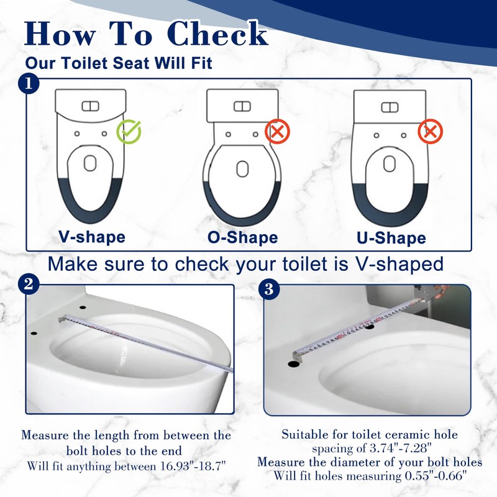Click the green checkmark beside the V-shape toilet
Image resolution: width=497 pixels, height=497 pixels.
(129, 131)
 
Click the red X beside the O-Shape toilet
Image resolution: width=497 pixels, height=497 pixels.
(277, 132)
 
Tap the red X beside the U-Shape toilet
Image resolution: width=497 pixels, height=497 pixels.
(430, 132)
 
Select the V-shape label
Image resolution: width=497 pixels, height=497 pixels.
(92, 237)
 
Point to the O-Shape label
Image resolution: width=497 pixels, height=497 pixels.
(242, 237)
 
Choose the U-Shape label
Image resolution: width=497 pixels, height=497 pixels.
(391, 238)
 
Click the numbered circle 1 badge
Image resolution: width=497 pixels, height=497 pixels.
(29, 84)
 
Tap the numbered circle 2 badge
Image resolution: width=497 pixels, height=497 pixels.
(29, 284)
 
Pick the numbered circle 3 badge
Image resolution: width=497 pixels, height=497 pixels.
(269, 289)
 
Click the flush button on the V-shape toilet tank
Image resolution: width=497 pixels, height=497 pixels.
(90, 106)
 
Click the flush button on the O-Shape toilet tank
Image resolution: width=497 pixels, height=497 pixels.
(242, 106)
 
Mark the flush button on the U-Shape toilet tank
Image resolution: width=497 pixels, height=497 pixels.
(390, 107)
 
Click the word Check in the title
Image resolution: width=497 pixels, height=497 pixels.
(218, 34)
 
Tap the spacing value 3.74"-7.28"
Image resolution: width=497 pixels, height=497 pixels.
(401, 448)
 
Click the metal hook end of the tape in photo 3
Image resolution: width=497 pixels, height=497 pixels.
(298, 357)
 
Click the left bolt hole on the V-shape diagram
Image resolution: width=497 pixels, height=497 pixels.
(76, 134)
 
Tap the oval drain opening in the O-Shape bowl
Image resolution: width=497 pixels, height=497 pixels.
(242, 168)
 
